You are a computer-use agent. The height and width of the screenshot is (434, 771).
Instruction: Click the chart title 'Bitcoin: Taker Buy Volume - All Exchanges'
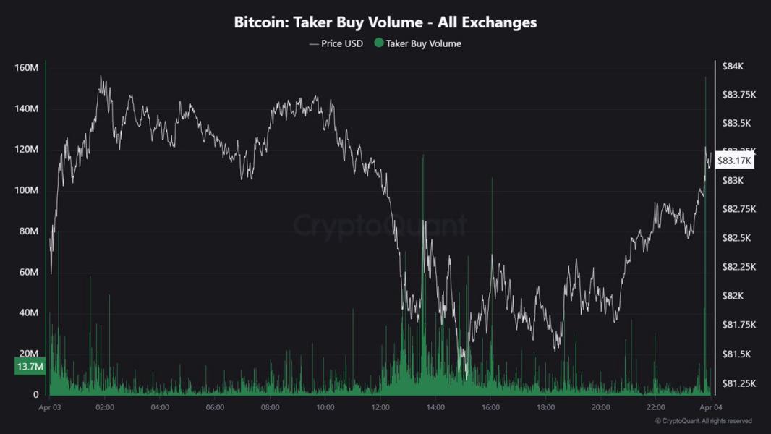(385, 22)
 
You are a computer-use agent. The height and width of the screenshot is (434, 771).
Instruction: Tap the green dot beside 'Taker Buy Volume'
(378, 43)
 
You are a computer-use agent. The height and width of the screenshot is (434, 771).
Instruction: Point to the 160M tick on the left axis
(27, 68)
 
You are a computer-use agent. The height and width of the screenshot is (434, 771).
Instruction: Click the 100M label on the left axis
(27, 190)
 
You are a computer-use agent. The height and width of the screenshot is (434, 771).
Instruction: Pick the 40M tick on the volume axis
(28, 312)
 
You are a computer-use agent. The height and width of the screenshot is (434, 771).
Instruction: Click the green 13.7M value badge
(30, 367)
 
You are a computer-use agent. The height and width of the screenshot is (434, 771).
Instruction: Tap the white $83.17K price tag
(734, 161)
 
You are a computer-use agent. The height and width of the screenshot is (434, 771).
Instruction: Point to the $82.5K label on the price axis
(737, 238)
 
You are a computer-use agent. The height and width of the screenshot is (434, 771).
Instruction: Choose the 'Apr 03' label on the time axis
(50, 407)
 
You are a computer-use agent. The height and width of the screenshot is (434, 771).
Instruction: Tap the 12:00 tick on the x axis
(380, 407)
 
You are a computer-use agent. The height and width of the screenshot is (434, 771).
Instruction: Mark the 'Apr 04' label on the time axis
(711, 407)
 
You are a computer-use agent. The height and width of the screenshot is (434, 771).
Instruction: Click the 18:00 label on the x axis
(545, 407)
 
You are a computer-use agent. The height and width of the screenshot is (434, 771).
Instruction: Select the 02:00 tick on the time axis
(105, 407)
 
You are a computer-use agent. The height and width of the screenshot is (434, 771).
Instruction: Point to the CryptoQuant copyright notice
(703, 421)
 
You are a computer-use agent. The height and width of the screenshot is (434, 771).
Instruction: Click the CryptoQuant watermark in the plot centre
(380, 226)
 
